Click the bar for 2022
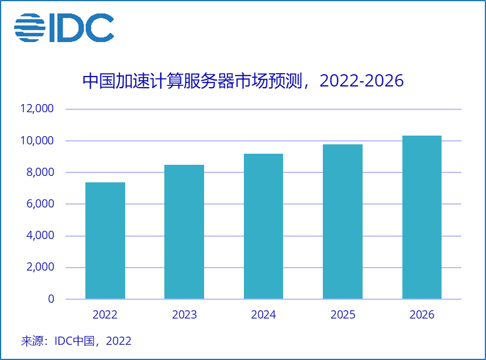point(105,241)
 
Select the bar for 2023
point(184,232)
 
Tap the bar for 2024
point(263,226)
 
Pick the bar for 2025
point(343,221)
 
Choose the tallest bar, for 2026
point(422,217)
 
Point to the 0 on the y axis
point(51,299)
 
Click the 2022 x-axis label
point(105,315)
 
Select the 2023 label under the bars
point(184,315)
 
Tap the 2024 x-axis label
point(263,315)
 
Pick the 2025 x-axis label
point(343,315)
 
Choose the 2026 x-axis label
point(422,315)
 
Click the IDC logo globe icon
point(29,27)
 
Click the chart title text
point(243,81)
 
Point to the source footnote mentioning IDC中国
point(76,341)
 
